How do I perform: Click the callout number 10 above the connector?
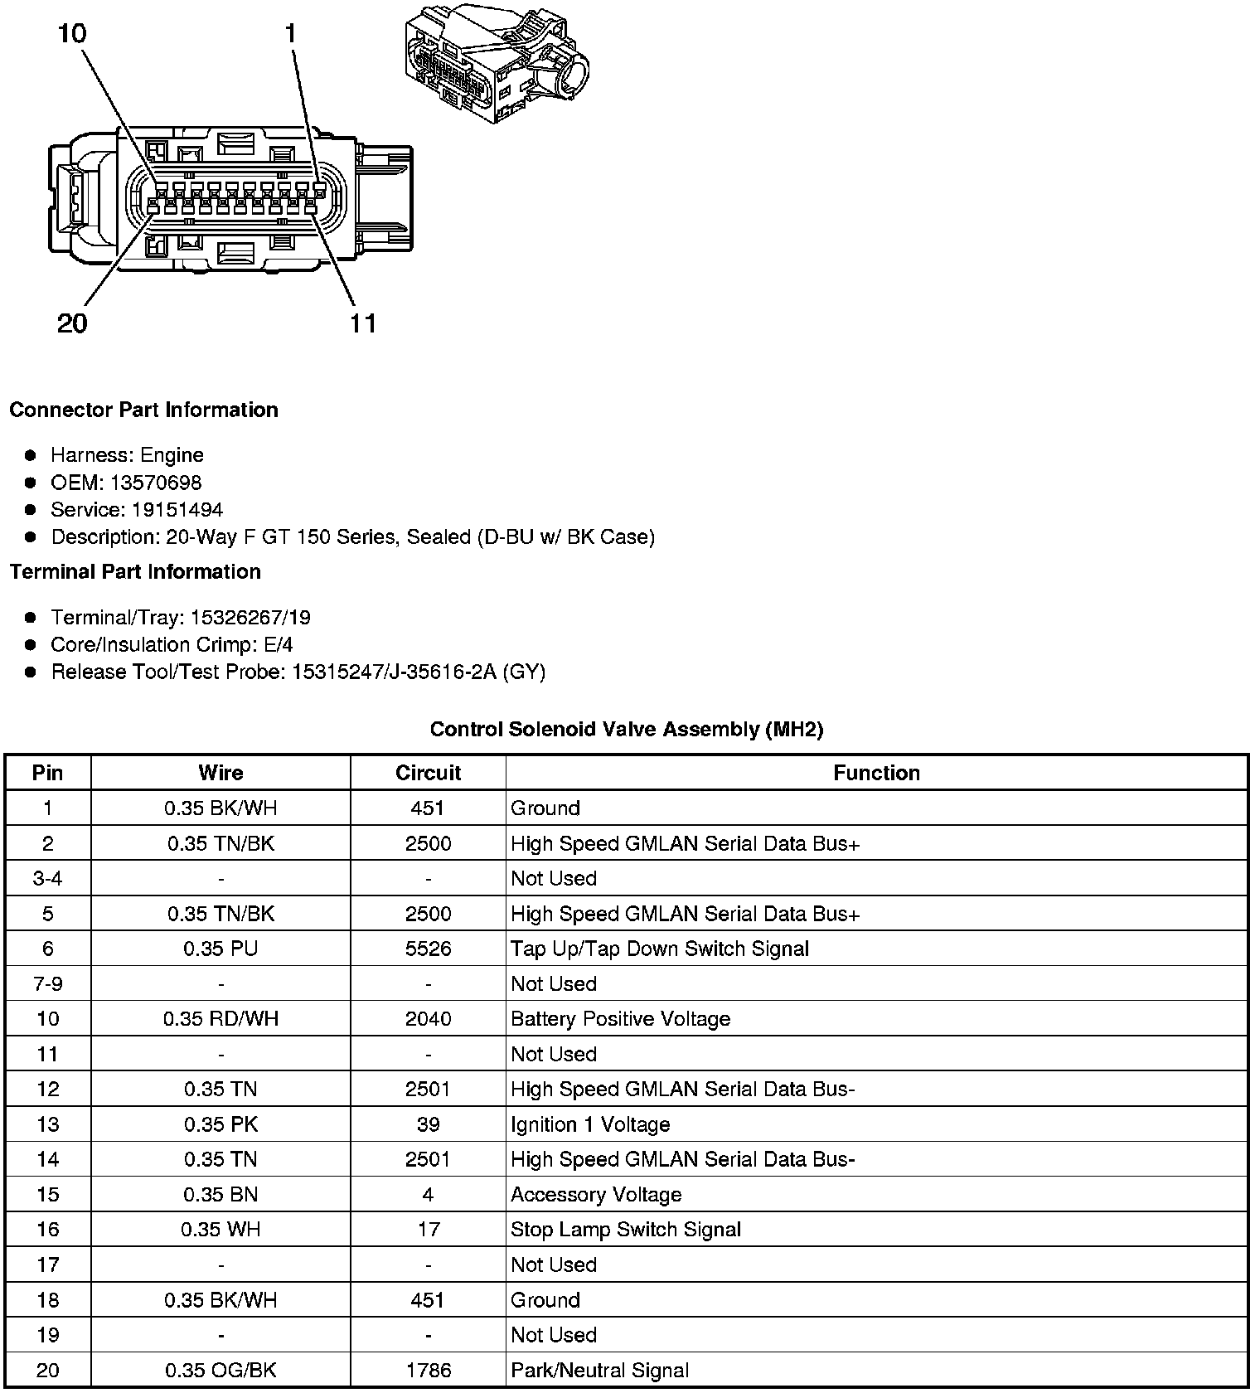(72, 34)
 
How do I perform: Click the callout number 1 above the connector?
(290, 34)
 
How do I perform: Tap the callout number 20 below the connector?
(72, 323)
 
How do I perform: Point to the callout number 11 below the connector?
(363, 323)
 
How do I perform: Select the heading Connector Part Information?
(143, 410)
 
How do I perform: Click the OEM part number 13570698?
(156, 483)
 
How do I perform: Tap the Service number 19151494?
(177, 510)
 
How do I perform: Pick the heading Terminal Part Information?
(135, 572)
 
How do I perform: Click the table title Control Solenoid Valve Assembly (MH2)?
(627, 730)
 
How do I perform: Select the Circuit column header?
(428, 773)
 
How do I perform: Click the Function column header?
(876, 773)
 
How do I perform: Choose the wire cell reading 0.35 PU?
(220, 949)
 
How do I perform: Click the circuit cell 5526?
(428, 949)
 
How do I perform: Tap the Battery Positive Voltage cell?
(620, 1019)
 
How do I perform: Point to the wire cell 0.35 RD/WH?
(220, 1019)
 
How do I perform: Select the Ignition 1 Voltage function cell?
(590, 1124)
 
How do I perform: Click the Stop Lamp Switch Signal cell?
(626, 1230)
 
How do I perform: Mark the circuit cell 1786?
(428, 1370)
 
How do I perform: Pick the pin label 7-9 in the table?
(47, 984)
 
